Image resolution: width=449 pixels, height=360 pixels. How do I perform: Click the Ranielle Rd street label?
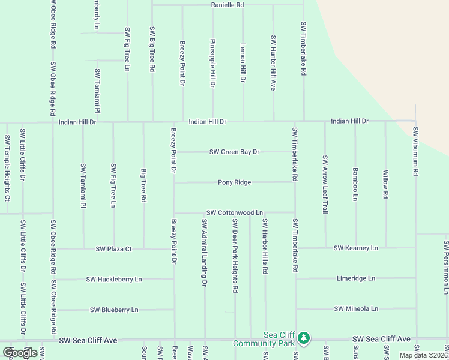point(228,5)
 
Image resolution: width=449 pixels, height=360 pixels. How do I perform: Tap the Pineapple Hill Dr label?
point(213,63)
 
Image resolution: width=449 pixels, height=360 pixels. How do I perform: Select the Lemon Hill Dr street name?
point(243,63)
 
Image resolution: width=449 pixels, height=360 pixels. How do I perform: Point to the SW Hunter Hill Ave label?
point(273,63)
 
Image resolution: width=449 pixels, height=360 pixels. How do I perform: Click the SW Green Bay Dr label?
point(234,152)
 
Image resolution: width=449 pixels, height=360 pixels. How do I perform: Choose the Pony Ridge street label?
point(234,182)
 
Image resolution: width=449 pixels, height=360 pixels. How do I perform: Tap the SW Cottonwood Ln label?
point(235,212)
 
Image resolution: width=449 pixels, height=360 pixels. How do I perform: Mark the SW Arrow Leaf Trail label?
point(325,185)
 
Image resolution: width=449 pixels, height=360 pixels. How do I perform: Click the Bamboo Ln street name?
point(355,184)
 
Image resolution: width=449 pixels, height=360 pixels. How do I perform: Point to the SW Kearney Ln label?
point(356,248)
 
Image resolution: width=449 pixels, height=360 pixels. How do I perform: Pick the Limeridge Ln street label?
point(355,278)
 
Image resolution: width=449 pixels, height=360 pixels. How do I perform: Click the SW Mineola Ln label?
point(356,308)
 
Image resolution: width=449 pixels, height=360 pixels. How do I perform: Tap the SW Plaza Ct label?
point(113,249)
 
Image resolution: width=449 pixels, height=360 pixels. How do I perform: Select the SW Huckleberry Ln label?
point(114,279)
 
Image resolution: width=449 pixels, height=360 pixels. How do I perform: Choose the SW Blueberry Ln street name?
point(114,310)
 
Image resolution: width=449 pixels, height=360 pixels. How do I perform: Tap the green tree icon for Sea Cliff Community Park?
point(304,338)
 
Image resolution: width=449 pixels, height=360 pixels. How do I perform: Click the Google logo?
point(20,353)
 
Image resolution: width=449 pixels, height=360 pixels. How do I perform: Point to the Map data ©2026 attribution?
point(423,355)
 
